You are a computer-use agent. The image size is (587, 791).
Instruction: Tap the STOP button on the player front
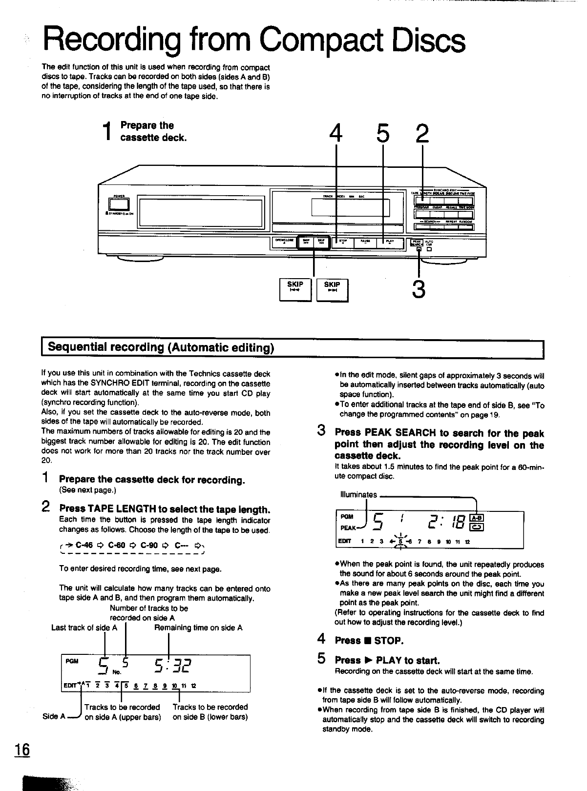[343, 243]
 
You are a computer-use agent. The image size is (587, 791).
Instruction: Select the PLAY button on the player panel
[390, 243]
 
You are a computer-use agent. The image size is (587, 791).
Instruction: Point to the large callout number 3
[419, 288]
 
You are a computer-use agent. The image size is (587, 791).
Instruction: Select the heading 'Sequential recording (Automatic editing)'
[161, 347]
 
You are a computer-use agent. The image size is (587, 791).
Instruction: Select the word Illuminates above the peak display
[358, 495]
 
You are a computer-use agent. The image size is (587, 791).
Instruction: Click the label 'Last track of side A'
[84, 628]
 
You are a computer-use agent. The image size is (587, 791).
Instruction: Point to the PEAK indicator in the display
[348, 528]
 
